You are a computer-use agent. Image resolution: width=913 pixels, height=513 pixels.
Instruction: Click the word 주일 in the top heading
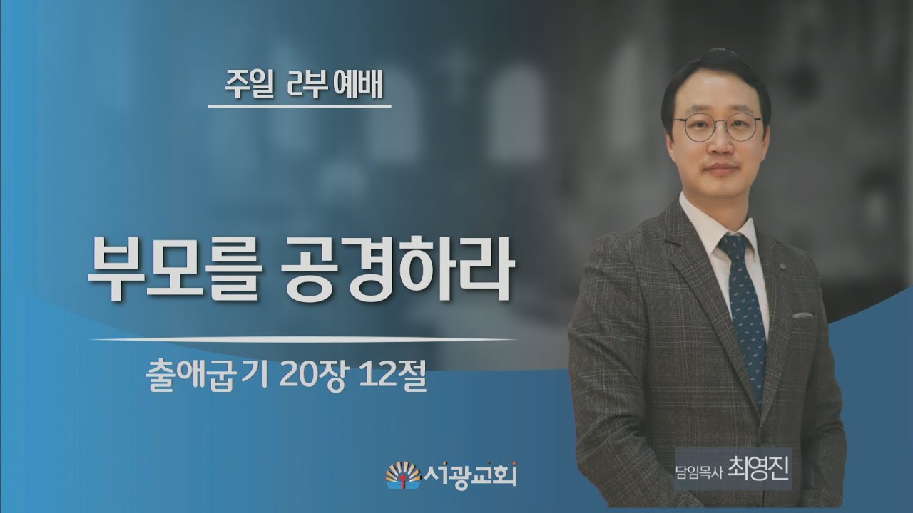coord(248,86)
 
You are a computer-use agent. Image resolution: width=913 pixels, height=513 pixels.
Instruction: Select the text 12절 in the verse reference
coord(392,378)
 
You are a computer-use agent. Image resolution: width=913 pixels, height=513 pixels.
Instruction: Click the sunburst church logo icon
coord(403,475)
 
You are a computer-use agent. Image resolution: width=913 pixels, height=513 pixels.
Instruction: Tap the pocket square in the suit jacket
coord(802,315)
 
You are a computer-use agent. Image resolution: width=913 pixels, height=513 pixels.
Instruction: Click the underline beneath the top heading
coord(300,106)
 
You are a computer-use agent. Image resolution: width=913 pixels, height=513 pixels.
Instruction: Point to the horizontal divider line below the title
coord(304,339)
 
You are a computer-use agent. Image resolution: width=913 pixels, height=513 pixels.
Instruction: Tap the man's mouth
coord(720,168)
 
